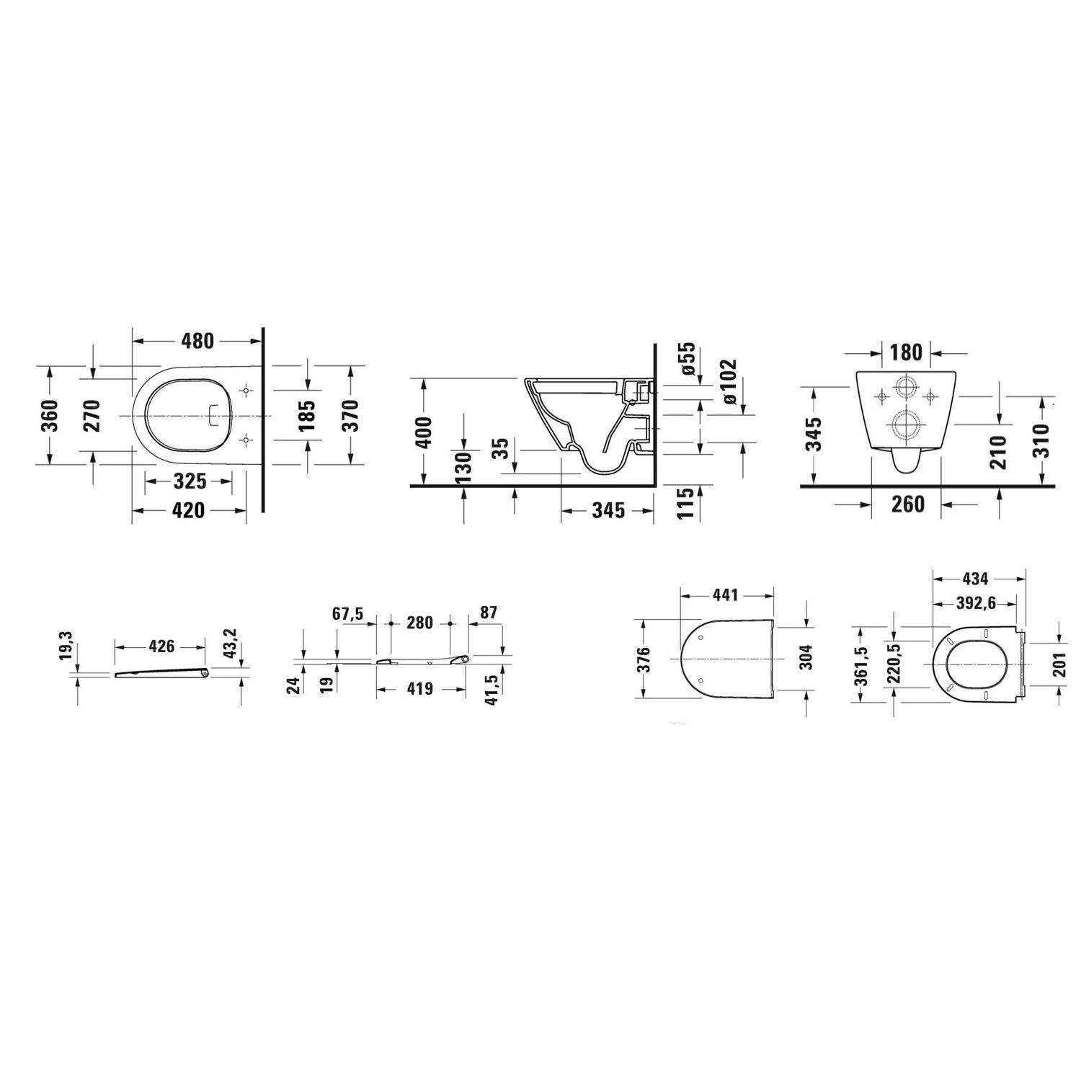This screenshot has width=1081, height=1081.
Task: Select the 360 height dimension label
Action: coord(50,415)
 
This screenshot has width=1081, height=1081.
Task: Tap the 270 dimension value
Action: coord(93,415)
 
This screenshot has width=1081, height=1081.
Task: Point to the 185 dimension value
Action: coord(308,416)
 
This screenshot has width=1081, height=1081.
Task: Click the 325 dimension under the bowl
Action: coord(189,481)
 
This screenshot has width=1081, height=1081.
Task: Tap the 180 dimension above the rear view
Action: coord(906,352)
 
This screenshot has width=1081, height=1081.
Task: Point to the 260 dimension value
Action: coord(907,504)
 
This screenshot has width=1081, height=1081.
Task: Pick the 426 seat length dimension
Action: coord(161,646)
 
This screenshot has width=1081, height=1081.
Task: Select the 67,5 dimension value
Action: coord(348,613)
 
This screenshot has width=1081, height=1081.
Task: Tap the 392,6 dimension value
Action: coord(976,604)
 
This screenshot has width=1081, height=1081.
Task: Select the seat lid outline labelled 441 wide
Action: coord(728,659)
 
